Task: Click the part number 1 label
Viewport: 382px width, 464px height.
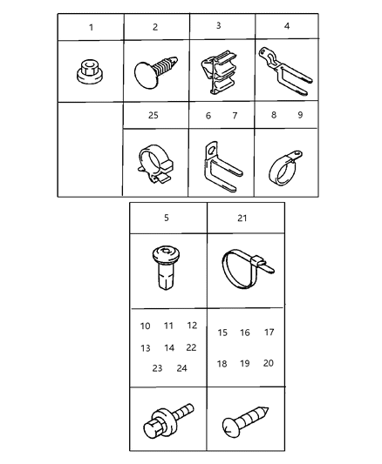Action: click(92, 27)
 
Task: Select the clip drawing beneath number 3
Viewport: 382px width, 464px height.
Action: click(222, 70)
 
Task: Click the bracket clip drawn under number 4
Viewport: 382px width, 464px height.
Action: click(285, 69)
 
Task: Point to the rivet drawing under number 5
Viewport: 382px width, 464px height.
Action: click(167, 270)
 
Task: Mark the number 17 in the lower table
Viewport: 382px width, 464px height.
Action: click(269, 332)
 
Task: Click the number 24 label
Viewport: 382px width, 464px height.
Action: click(181, 368)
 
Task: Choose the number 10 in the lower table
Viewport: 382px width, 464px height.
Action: click(145, 326)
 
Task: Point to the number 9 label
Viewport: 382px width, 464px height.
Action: click(299, 114)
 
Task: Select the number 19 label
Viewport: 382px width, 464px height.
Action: click(245, 363)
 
